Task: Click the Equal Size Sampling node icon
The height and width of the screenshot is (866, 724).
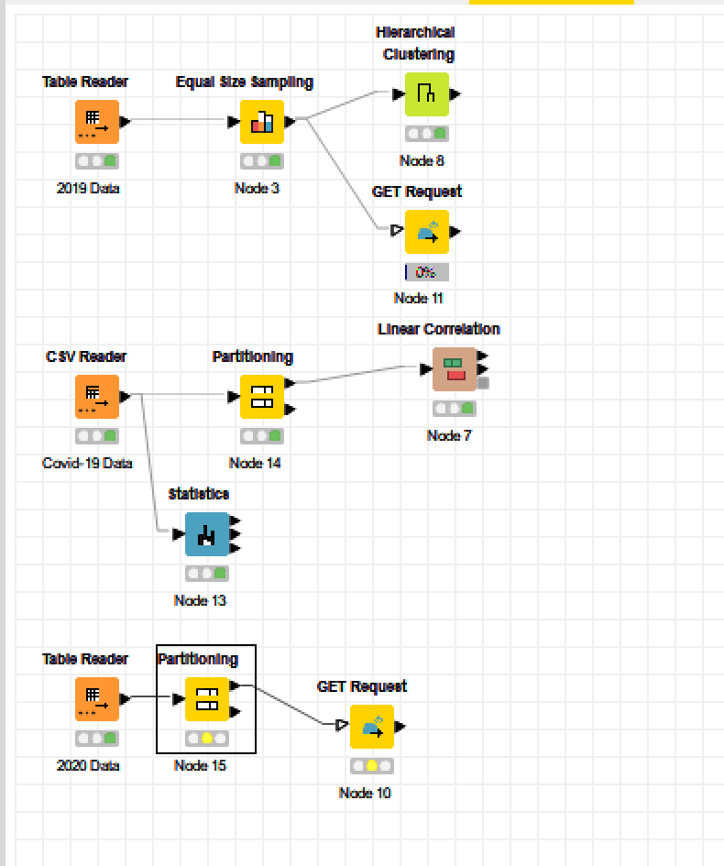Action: coord(262,122)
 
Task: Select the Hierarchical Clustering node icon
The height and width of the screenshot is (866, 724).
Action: coord(427,94)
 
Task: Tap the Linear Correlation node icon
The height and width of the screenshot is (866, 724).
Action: coord(455,369)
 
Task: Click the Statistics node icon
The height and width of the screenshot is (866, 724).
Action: coord(207,534)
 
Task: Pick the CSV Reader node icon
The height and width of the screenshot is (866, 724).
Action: coord(97,397)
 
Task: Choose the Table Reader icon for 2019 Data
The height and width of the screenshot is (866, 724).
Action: coord(97,122)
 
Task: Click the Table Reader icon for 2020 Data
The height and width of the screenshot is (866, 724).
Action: coord(97,699)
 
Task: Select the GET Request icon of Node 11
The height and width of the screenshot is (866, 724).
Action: coord(427,232)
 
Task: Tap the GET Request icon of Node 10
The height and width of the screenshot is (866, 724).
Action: coord(372,727)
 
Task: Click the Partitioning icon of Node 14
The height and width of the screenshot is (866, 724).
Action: coord(262,397)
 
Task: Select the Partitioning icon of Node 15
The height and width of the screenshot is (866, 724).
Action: coord(207,699)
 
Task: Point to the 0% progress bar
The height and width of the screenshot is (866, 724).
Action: coord(427,272)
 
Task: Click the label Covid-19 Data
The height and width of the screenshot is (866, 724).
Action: coord(87,463)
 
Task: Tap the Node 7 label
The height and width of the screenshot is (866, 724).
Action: coord(449,435)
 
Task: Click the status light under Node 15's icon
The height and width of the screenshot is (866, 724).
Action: coord(207,738)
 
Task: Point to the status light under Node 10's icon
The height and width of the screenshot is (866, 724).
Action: coord(372,765)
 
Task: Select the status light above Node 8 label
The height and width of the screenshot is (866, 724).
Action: coord(427,133)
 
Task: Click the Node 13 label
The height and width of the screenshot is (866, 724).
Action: coord(200,600)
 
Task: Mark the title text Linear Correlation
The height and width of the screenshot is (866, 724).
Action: coord(439,329)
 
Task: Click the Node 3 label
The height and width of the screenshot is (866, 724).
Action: coord(257,188)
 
